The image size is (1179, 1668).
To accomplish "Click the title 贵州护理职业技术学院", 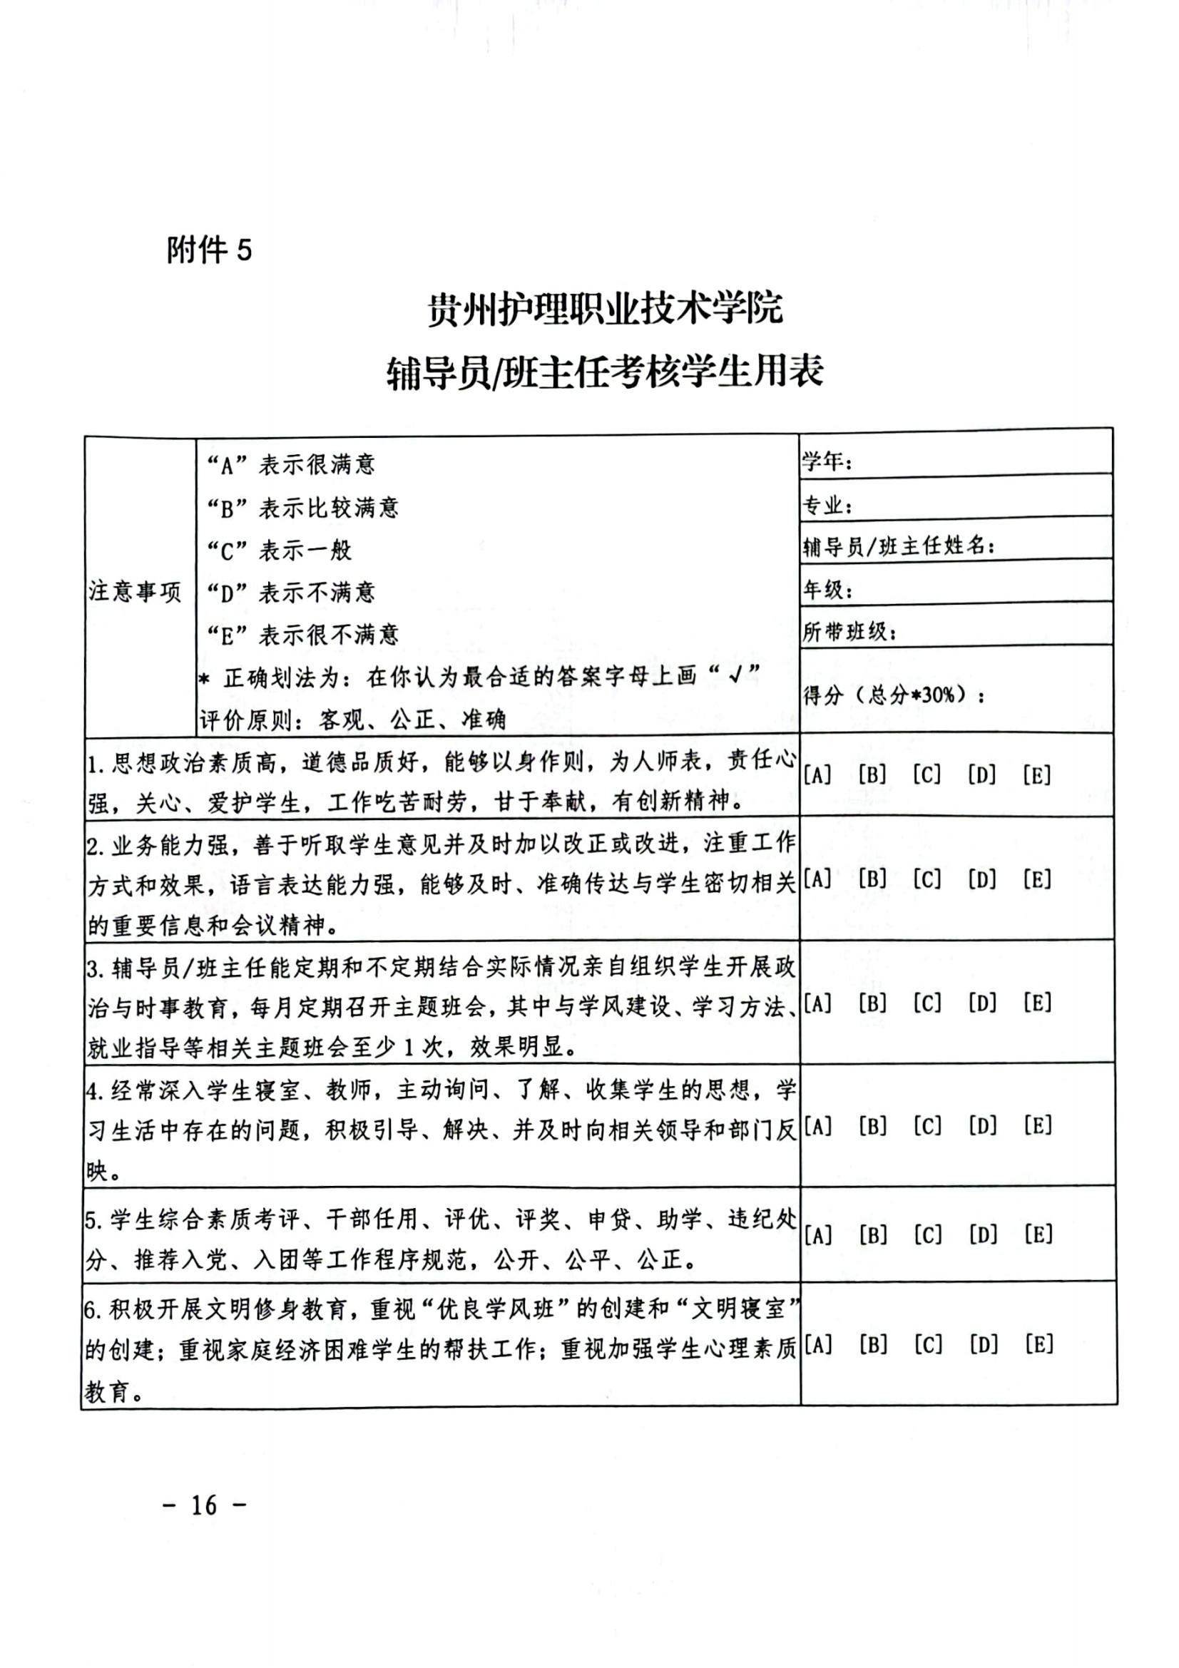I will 604,309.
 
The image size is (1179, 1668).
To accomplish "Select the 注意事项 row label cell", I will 135,592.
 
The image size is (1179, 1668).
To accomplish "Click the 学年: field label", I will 827,461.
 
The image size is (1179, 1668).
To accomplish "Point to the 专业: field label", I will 827,504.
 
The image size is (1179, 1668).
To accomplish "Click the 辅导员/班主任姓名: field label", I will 898,546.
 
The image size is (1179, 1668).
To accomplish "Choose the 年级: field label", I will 827,589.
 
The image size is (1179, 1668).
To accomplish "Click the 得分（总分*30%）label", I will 894,696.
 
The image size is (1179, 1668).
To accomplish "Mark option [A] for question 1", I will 817,776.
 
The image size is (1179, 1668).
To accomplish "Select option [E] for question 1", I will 1036,776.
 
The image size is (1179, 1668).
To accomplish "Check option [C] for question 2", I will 927,880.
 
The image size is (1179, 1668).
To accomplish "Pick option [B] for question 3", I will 872,1004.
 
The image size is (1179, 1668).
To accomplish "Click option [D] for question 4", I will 982,1127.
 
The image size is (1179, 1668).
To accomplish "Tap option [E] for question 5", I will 1038,1234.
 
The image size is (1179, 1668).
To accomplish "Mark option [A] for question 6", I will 818,1345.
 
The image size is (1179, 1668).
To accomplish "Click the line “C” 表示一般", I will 279,550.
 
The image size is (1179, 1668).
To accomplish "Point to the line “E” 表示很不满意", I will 302,635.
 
